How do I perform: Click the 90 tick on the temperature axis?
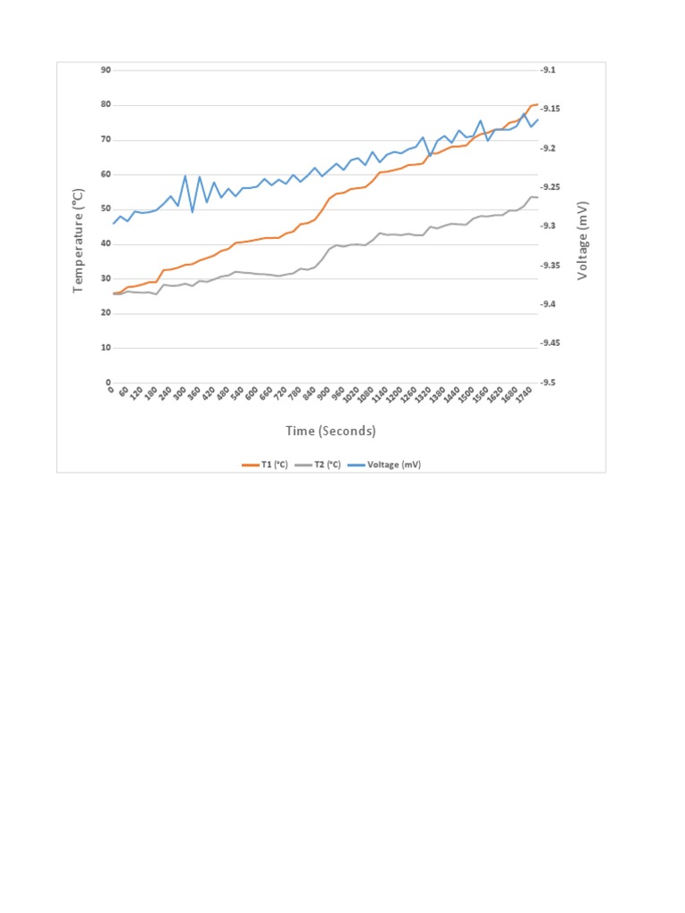pos(106,70)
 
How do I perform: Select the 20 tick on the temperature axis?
pos(106,313)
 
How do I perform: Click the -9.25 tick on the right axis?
pos(549,187)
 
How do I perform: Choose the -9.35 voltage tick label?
pos(549,266)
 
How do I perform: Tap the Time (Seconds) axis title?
pos(331,432)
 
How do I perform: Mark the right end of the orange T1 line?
pos(538,104)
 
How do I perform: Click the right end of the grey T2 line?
pos(538,197)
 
